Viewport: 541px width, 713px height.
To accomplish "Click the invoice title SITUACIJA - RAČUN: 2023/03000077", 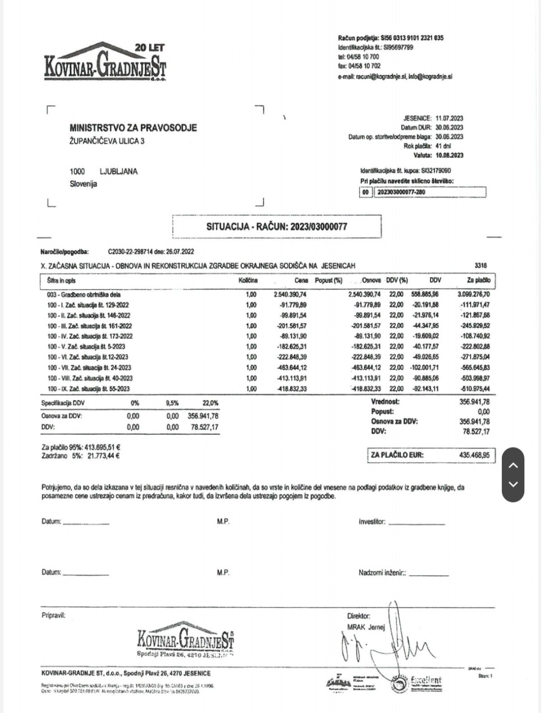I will [x=277, y=226].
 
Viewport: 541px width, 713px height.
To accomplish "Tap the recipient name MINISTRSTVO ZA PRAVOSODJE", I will [x=133, y=128].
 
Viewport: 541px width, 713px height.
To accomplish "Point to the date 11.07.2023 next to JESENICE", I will [x=449, y=118].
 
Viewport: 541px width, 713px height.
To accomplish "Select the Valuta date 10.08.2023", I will [x=449, y=155].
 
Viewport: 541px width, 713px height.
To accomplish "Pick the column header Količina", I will [x=248, y=280].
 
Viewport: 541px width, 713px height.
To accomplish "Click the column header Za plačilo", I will [x=478, y=280].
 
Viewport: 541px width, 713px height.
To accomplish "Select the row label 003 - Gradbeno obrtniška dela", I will [x=84, y=295].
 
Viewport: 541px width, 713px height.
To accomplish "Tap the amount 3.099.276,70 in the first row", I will [x=473, y=295].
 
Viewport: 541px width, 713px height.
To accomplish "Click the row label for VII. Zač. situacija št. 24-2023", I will [x=89, y=368].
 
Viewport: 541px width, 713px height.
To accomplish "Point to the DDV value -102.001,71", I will [x=425, y=368].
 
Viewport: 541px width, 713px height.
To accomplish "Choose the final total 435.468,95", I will [x=474, y=455].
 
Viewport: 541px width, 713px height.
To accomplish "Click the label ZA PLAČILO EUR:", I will [x=397, y=455].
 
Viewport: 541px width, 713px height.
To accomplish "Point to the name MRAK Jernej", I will [x=366, y=627].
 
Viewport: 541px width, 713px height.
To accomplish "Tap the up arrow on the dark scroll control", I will [x=513, y=466].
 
